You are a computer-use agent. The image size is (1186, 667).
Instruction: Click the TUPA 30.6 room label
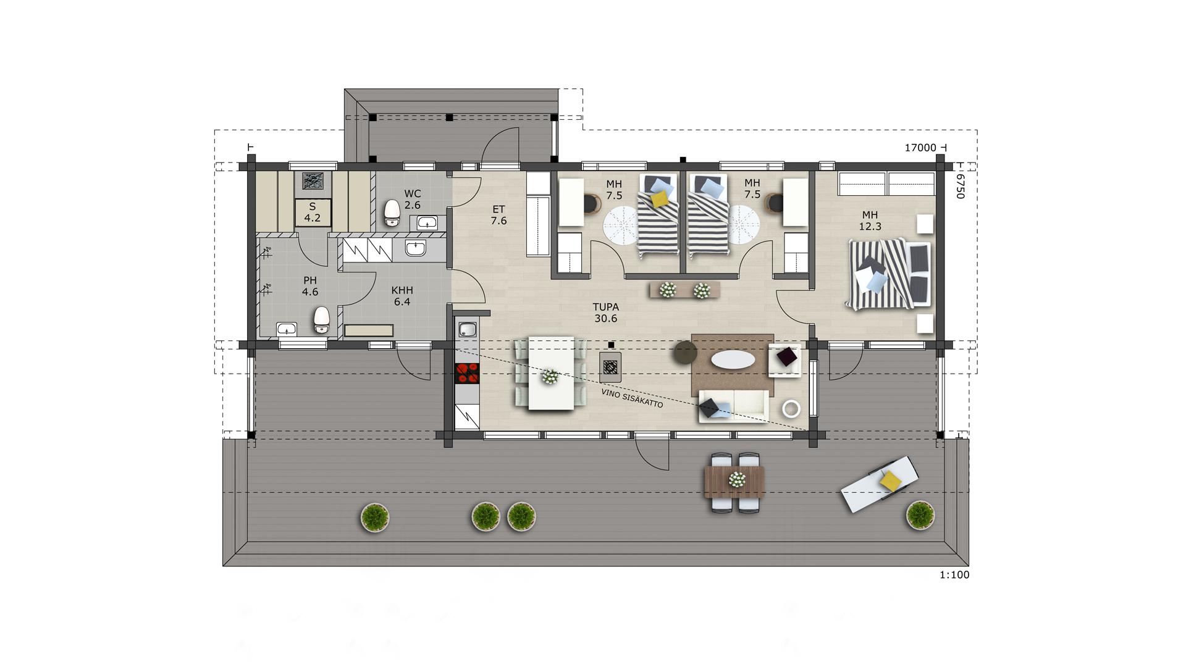(605, 313)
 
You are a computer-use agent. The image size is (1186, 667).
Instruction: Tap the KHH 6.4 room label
(402, 296)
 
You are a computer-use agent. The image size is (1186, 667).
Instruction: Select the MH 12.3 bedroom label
(870, 220)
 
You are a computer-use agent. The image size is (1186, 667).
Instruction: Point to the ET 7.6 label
(498, 215)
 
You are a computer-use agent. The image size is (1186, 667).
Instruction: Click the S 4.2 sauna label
(313, 212)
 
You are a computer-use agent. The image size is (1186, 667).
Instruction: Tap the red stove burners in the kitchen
(467, 373)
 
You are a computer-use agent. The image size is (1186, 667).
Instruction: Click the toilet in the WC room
(392, 213)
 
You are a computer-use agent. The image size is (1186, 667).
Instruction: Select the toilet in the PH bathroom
(322, 320)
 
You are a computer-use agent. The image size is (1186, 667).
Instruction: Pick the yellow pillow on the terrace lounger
(891, 480)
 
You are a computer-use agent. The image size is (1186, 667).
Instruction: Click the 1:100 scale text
(954, 575)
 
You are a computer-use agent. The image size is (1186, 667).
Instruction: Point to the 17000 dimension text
(920, 148)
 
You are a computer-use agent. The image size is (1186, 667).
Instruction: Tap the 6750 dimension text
(959, 186)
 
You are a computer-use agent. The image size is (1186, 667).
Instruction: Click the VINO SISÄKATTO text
(632, 398)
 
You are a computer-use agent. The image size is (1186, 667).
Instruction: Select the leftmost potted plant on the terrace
(374, 517)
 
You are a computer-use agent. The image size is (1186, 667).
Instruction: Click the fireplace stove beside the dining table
(610, 367)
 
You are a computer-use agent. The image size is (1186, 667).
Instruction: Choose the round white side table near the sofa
(791, 408)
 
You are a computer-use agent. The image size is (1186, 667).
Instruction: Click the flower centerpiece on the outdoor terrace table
(736, 479)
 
